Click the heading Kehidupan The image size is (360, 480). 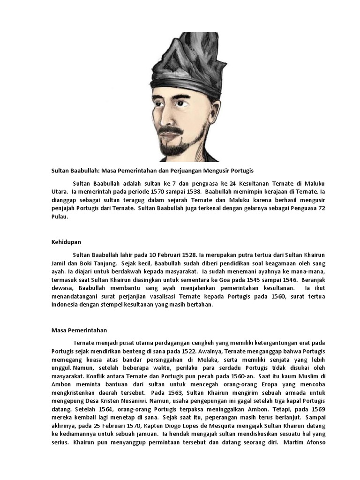[66, 242]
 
